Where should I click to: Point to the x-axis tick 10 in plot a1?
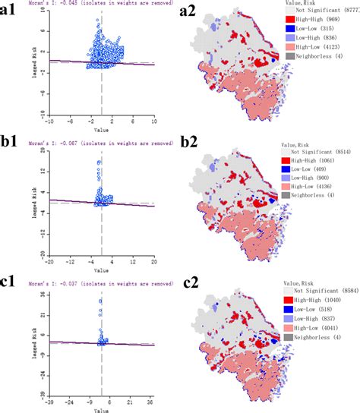(154, 121)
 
